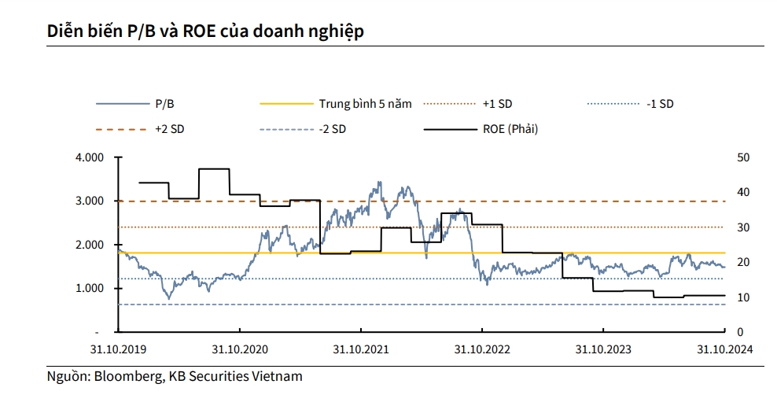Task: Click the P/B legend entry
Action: tap(165, 104)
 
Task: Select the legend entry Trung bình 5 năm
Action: tap(365, 104)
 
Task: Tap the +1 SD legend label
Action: tap(497, 104)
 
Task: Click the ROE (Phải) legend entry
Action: tap(510, 129)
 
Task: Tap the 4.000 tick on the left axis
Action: tap(90, 157)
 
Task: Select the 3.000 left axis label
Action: tap(90, 201)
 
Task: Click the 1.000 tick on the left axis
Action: tap(90, 289)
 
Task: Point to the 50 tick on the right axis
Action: tap(744, 157)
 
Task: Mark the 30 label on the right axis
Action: tap(744, 227)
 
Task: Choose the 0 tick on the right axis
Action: tap(741, 332)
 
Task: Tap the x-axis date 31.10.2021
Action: tap(360, 349)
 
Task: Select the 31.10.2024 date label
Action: tap(724, 349)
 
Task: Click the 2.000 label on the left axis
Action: tap(90, 245)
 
